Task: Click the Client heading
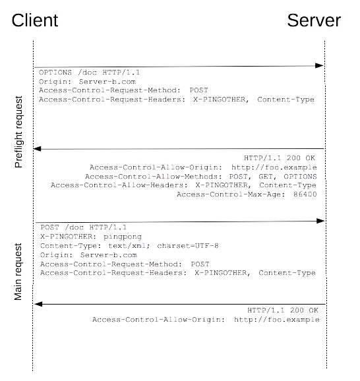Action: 35,20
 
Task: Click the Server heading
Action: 314,20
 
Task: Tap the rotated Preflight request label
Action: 18,132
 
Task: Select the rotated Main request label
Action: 18,272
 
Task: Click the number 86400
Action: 305,194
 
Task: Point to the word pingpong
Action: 123,237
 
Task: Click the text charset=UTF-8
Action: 188,246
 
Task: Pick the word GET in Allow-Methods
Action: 266,177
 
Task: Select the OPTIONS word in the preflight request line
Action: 55,73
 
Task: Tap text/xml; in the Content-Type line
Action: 129,246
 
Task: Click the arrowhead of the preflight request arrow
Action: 319,66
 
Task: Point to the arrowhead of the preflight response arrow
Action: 37,149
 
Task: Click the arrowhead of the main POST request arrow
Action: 320,221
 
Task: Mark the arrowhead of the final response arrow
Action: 38,304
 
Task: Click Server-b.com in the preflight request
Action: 107,82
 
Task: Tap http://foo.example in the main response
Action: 277,320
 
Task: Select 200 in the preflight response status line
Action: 293,158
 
